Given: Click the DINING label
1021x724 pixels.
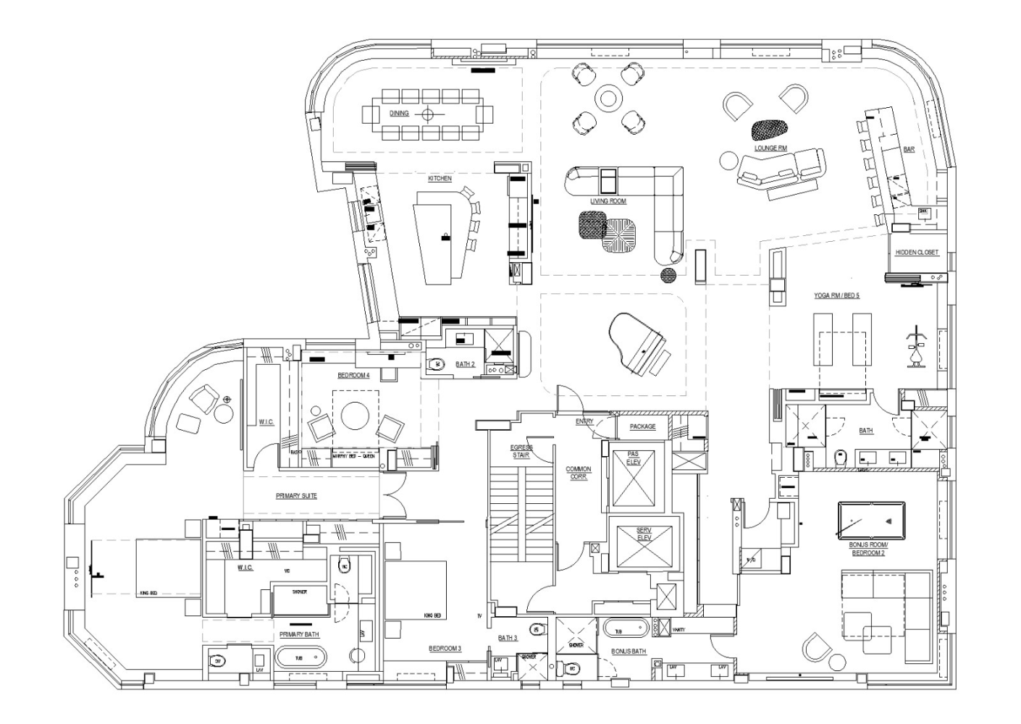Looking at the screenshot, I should click(399, 114).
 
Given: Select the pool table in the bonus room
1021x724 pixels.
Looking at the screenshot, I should click(871, 518).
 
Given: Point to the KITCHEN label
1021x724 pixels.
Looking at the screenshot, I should click(440, 178).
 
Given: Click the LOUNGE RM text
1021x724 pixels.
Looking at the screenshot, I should click(770, 148).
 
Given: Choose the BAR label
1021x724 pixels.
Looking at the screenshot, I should click(909, 150).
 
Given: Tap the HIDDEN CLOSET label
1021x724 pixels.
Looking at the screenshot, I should click(917, 253).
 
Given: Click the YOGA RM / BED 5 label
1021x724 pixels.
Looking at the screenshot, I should click(836, 295).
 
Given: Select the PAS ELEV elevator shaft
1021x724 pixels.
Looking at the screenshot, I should click(634, 479).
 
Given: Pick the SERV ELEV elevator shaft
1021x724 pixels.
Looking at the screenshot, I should click(644, 544).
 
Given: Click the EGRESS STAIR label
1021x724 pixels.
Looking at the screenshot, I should click(521, 452).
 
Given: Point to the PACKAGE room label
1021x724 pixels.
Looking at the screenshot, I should click(642, 426).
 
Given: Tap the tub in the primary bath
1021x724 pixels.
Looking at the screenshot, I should click(301, 659).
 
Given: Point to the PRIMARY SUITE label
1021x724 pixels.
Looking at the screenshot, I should click(296, 496).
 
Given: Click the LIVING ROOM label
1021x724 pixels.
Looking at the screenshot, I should click(608, 201).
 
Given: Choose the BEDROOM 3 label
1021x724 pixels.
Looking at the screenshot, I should click(445, 648).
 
